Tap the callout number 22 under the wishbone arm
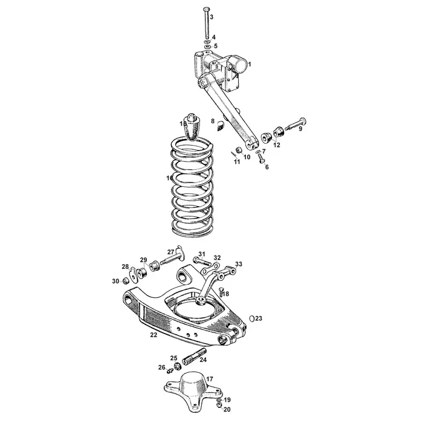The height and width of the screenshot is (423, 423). (153, 334)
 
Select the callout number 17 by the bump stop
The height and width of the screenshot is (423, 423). (210, 379)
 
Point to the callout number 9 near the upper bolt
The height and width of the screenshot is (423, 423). (300, 128)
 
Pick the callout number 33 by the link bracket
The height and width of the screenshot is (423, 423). (239, 264)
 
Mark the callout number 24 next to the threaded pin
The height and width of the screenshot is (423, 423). (203, 360)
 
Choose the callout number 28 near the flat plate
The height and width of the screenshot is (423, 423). (125, 266)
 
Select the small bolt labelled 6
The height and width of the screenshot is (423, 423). (261, 157)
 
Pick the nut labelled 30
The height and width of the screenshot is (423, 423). (124, 280)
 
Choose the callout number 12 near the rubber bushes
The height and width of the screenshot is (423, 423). (277, 145)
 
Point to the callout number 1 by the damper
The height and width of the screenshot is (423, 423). (250, 63)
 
